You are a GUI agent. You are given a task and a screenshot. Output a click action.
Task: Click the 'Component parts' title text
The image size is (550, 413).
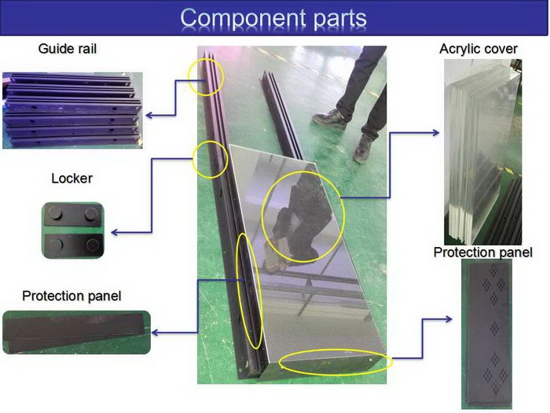[273, 17]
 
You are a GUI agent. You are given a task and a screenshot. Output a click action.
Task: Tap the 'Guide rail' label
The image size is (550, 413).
[68, 50]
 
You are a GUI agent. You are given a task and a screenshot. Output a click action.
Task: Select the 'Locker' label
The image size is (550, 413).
[71, 179]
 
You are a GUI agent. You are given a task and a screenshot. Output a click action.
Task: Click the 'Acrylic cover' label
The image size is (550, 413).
[478, 50]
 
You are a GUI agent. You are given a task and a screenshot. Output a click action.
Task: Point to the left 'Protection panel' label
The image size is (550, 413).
[71, 297]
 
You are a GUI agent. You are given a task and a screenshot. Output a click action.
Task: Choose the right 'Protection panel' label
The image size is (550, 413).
[482, 253]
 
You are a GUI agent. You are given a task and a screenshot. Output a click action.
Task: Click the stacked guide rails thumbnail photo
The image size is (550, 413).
[72, 110]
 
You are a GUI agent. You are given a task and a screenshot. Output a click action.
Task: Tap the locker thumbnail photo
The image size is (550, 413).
[73, 230]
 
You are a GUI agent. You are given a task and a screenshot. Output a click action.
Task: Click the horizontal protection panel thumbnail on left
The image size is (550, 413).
[75, 331]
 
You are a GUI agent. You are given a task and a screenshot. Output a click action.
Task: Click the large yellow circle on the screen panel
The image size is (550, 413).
[302, 216]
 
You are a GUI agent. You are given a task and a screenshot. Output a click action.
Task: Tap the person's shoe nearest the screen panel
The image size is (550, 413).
[363, 148]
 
